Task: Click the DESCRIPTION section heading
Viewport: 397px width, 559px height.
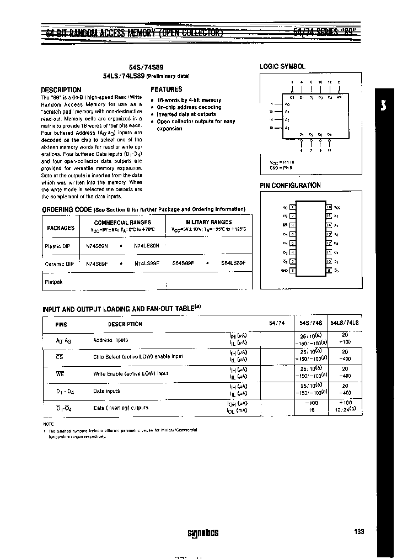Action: point(61,90)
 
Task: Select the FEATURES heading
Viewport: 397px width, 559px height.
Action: point(166,89)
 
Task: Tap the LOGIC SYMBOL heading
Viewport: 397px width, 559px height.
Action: point(282,66)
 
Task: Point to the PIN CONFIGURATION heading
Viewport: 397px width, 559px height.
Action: point(290,186)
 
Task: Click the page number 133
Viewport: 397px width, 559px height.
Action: point(359,531)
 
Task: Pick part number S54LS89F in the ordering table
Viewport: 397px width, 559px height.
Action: point(233,263)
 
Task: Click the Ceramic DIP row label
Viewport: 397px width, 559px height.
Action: point(59,264)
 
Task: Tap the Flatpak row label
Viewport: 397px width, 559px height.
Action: point(53,282)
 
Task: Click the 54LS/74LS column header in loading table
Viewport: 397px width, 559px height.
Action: point(344,324)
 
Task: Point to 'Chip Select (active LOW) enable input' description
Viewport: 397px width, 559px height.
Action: point(138,357)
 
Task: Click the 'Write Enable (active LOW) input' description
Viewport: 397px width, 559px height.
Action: point(131,374)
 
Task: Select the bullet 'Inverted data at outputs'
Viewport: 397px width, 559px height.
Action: point(186,114)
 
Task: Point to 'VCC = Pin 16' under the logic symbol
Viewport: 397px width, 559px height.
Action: point(275,162)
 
